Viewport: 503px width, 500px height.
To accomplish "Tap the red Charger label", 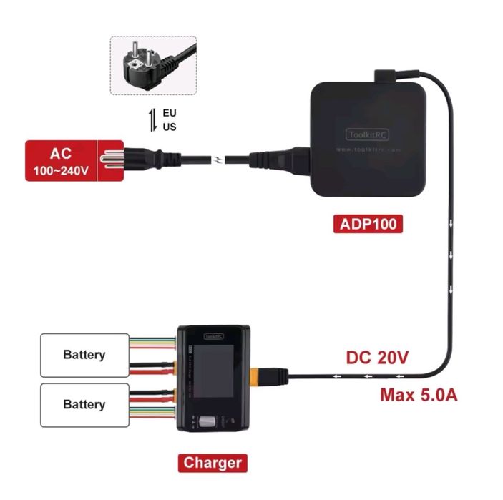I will (213, 462).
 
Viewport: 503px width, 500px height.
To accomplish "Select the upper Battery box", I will (84, 355).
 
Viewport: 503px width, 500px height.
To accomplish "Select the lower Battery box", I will (84, 404).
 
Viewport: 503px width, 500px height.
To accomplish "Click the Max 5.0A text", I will (419, 394).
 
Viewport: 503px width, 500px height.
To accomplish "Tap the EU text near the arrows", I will (170, 113).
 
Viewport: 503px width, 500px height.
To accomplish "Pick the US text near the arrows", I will (170, 127).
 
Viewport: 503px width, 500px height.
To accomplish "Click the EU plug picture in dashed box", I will (152, 65).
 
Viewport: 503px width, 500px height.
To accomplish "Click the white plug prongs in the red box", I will (111, 160).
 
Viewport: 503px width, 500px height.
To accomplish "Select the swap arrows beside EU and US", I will (152, 120).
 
